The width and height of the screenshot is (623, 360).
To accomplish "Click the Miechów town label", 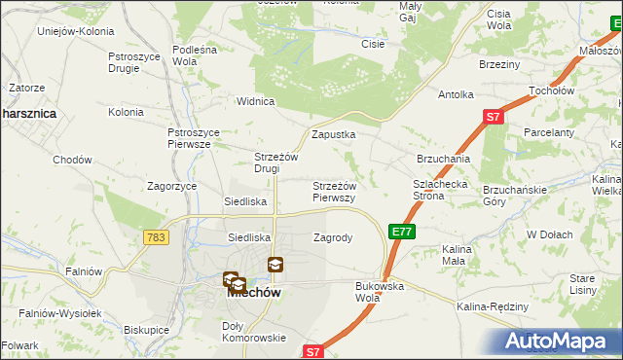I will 254,292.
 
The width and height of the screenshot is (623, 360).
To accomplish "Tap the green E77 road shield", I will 401,231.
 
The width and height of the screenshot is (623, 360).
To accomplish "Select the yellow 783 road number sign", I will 154,236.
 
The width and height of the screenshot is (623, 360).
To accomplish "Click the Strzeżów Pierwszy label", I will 334,191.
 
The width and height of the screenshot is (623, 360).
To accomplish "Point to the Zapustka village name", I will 333,135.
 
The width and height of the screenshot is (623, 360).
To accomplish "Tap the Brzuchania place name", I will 443,159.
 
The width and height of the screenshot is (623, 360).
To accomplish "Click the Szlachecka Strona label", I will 441,189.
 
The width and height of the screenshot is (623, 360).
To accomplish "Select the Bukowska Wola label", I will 380,291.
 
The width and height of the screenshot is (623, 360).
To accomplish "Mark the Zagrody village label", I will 333,236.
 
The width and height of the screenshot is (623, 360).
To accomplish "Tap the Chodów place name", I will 72,160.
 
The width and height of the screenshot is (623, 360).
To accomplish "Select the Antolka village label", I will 456,94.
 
